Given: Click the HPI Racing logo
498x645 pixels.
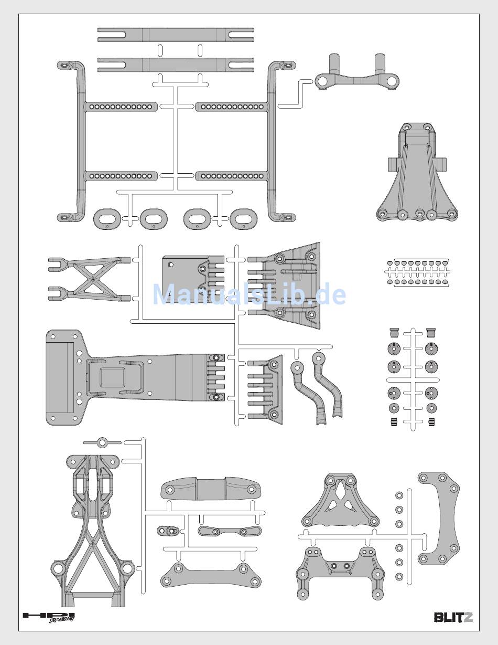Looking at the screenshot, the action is point(49,617).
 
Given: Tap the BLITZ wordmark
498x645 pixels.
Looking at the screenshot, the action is point(453,617).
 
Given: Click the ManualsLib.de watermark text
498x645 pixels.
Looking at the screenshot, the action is point(249,295).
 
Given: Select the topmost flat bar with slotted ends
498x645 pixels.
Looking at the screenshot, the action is point(176,35).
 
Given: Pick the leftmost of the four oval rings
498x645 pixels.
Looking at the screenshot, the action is point(107,218).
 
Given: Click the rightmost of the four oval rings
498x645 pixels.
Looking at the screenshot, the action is point(244,218).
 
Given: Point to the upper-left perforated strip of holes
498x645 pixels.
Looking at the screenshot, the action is point(121,107).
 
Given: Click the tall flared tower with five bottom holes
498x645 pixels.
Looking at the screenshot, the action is point(417,178).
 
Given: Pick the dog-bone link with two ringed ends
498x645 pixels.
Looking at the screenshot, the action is point(230,531).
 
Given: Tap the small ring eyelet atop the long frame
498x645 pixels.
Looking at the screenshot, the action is point(103,441).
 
